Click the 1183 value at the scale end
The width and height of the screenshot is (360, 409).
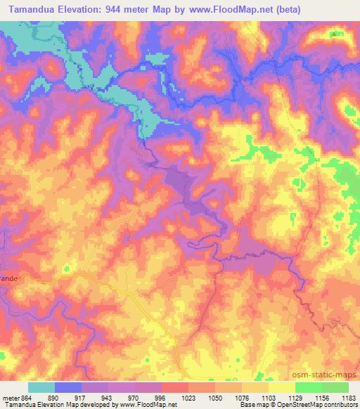point(347,398)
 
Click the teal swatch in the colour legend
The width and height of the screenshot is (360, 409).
point(41,387)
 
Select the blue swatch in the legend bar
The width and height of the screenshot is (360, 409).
point(68,387)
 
